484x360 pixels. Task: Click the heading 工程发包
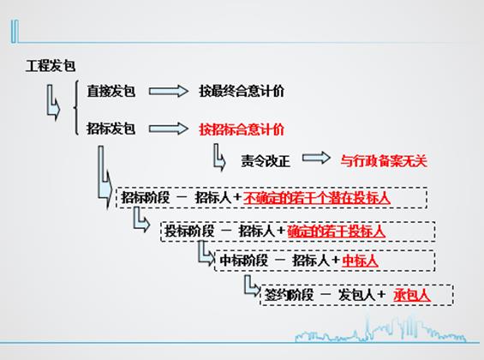pyautogui.click(x=51, y=66)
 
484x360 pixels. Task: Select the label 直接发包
pyautogui.click(x=111, y=91)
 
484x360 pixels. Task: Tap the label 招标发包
pyautogui.click(x=111, y=128)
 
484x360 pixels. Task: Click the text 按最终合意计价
pyautogui.click(x=242, y=91)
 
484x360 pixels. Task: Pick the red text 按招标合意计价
pyautogui.click(x=242, y=129)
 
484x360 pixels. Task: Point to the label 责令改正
pyautogui.click(x=266, y=161)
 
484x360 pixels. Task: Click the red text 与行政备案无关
pyautogui.click(x=384, y=161)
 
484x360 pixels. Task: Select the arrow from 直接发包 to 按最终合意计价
pyautogui.click(x=168, y=91)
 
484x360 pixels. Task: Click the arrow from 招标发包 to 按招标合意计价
pyautogui.click(x=168, y=129)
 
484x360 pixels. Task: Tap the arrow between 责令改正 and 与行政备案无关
pyautogui.click(x=316, y=158)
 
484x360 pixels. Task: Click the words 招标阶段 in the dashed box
pyautogui.click(x=146, y=198)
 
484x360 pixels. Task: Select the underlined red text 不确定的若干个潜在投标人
pyautogui.click(x=317, y=198)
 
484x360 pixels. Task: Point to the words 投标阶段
pyautogui.click(x=189, y=231)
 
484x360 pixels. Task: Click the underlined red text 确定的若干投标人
pyautogui.click(x=336, y=231)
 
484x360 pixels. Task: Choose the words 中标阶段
pyautogui.click(x=244, y=261)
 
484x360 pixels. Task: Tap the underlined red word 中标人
pyautogui.click(x=360, y=261)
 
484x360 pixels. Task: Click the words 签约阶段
pyautogui.click(x=289, y=295)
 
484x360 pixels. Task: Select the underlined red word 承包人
pyautogui.click(x=412, y=295)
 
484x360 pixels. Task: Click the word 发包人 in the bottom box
pyautogui.click(x=356, y=295)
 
